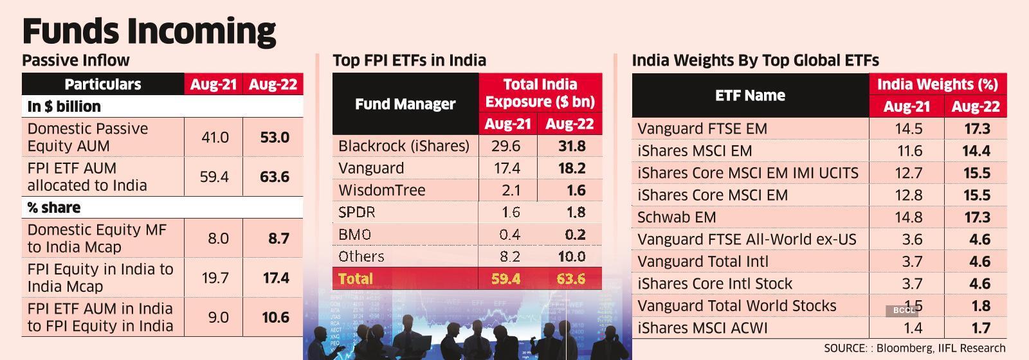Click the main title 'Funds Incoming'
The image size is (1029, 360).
[149, 30]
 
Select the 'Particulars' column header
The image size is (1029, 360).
[103, 84]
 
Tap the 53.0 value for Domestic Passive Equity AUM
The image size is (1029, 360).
[274, 137]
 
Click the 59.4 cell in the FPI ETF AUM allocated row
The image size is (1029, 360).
[214, 177]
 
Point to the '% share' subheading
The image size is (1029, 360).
[53, 208]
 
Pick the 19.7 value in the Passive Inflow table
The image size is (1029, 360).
[214, 278]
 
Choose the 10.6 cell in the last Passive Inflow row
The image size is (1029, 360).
[274, 317]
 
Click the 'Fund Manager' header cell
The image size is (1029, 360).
[405, 104]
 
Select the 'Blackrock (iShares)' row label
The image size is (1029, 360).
[403, 146]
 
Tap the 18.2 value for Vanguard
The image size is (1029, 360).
[571, 168]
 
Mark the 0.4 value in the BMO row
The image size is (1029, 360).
[509, 235]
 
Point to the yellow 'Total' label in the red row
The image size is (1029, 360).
[355, 278]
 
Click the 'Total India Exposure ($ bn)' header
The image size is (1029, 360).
[540, 93]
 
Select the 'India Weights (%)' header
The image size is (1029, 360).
[937, 84]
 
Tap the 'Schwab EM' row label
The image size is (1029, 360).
[676, 217]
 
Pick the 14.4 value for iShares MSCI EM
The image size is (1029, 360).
[976, 151]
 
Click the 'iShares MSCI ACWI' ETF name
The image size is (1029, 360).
[702, 328]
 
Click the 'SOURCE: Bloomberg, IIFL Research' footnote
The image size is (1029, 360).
[914, 348]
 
